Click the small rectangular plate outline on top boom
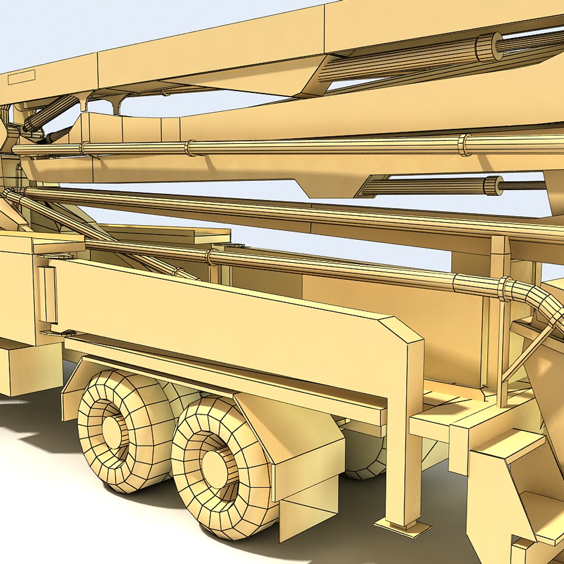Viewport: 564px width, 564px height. (x=22, y=77)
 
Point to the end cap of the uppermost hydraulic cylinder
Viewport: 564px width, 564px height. (x=488, y=48)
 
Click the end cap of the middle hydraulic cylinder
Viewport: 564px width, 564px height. (x=493, y=185)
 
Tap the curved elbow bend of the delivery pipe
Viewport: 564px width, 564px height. (x=543, y=303)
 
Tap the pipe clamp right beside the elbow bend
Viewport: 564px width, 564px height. (x=504, y=289)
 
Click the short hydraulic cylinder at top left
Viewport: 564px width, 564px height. (x=50, y=113)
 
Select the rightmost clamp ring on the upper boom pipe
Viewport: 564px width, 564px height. (x=463, y=145)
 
